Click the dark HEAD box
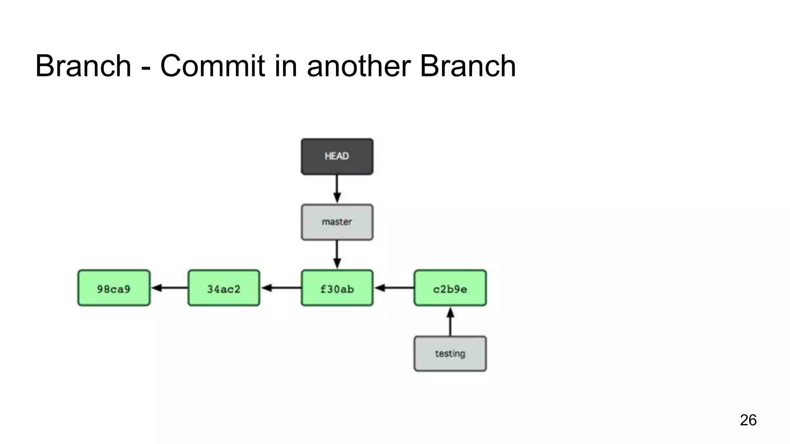click(x=337, y=156)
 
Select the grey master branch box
click(x=337, y=222)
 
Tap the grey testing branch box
click(x=450, y=353)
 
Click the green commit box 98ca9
click(x=114, y=288)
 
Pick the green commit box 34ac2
click(x=224, y=288)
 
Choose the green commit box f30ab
click(x=337, y=288)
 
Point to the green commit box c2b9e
click(x=450, y=288)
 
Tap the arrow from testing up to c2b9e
click(x=450, y=321)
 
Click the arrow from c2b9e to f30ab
click(x=394, y=288)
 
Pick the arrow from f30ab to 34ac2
click(x=281, y=288)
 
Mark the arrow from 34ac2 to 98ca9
click(x=169, y=288)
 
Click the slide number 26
click(x=748, y=420)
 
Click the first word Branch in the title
click(x=83, y=66)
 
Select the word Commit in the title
click(x=213, y=66)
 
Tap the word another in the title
click(x=359, y=66)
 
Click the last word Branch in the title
click(x=468, y=66)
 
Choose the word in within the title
click(x=286, y=66)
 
